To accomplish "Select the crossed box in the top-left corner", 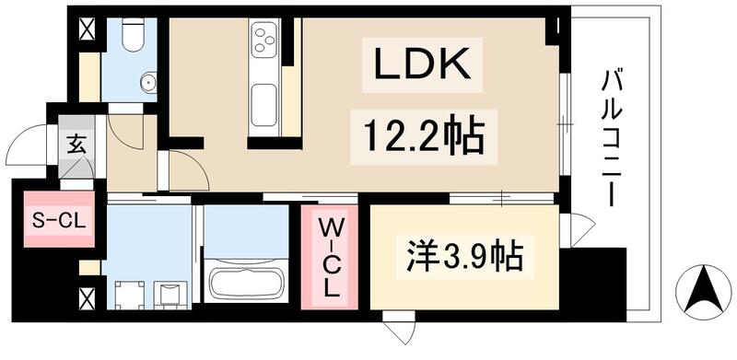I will point(88,29).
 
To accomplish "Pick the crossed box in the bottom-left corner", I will point(88,299).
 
